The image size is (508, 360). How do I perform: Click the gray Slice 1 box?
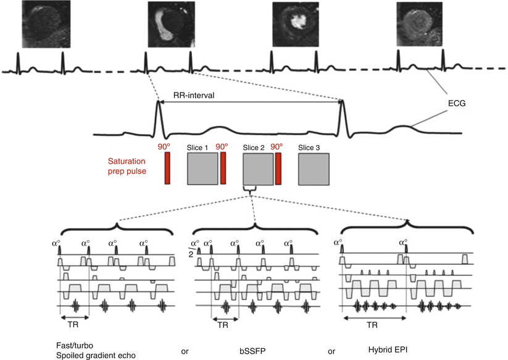point(202,168)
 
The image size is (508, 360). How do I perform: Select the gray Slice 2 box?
point(258,168)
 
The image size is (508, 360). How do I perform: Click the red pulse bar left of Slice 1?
point(167,168)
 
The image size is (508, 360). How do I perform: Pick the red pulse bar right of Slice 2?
point(278,168)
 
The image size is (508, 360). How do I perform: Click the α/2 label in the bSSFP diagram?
point(193,249)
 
